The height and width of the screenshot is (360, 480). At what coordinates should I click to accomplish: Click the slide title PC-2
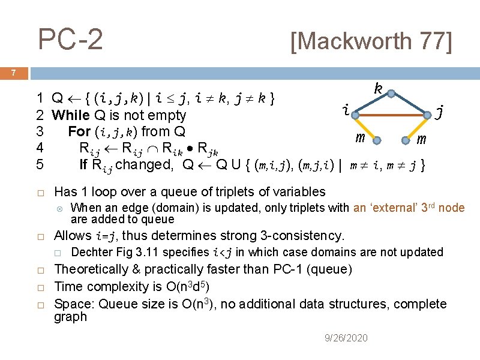[70, 40]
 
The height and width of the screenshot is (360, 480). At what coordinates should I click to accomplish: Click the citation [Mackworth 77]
[370, 41]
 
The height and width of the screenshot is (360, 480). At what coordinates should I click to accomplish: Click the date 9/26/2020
[346, 338]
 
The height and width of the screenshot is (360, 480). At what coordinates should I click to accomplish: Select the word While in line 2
[71, 115]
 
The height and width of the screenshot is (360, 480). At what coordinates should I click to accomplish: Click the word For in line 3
[79, 131]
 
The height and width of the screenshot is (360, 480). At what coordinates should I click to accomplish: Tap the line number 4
[39, 148]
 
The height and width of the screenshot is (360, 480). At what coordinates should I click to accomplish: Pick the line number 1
[39, 98]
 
